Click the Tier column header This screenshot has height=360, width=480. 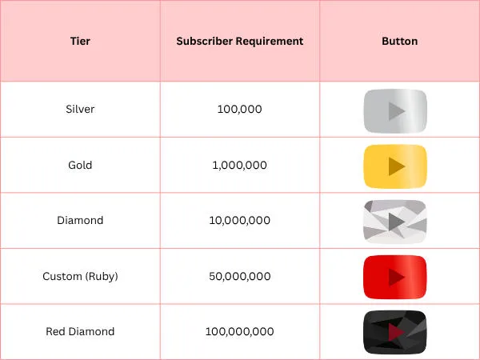tap(80, 41)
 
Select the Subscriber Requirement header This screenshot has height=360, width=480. tap(240, 41)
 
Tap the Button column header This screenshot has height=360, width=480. tap(399, 41)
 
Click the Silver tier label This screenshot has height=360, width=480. tap(80, 109)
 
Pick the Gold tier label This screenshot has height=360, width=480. tap(80, 165)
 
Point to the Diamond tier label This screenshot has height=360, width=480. tap(80, 221)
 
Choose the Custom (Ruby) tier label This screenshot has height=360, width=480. tap(80, 277)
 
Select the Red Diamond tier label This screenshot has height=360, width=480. tap(80, 331)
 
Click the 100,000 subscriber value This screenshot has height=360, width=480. tap(240, 110)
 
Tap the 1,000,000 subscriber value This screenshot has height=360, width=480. tap(240, 166)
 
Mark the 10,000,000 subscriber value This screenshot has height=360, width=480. tap(240, 221)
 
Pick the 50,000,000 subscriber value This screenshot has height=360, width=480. tap(240, 277)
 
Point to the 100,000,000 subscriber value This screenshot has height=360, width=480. tap(240, 331)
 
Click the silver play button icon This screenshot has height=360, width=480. tap(395, 111)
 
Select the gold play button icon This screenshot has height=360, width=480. tap(395, 166)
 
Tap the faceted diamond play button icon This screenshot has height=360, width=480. tap(395, 222)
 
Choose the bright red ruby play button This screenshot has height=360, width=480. tap(395, 277)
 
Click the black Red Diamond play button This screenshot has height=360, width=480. tap(395, 333)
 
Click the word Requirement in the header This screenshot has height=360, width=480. tap(270, 42)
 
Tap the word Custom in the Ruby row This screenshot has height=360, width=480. tap(62, 277)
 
